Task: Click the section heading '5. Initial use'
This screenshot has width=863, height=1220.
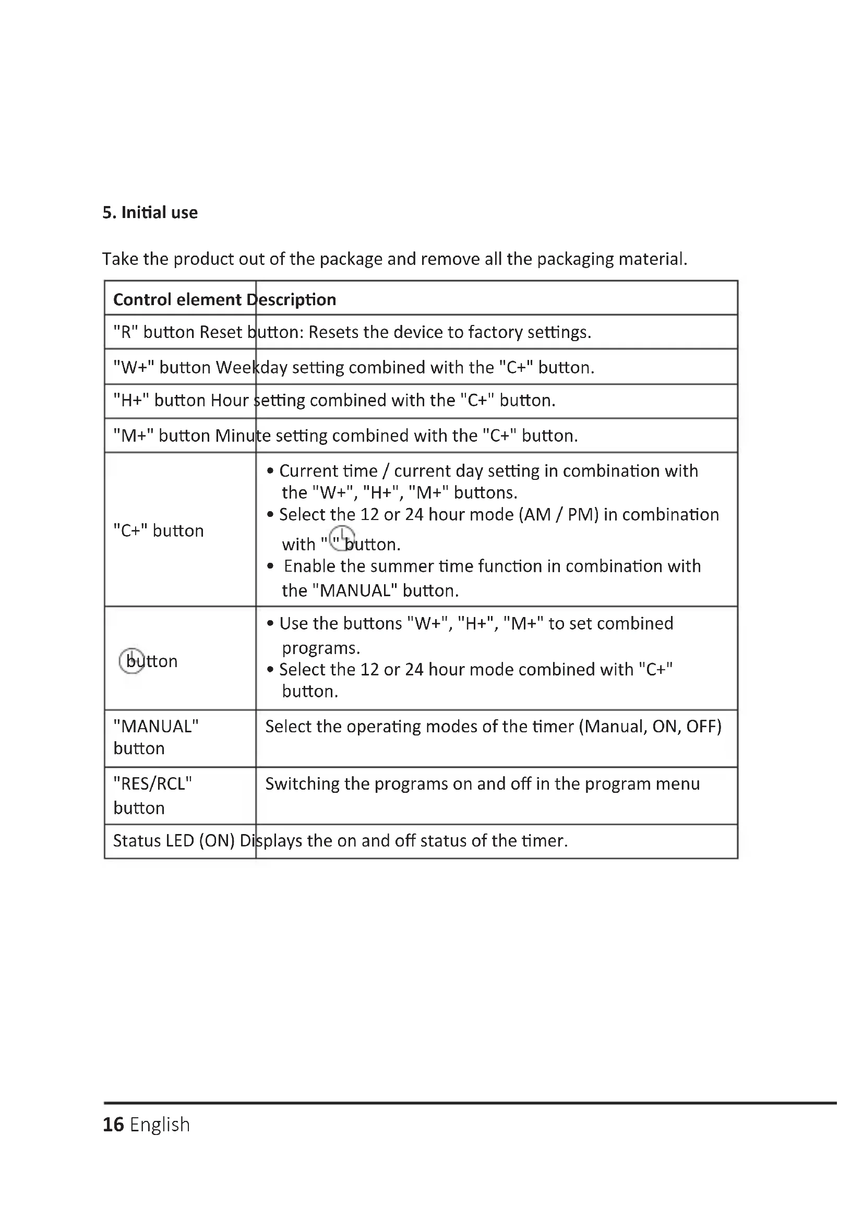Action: point(150,212)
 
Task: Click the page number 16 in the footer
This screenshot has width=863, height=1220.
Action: point(113,1125)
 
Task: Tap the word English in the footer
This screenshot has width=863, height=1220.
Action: point(160,1125)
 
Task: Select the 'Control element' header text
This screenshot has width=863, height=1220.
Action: point(177,300)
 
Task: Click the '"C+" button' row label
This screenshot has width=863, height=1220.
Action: point(159,530)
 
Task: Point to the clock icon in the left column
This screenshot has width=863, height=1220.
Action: point(131,660)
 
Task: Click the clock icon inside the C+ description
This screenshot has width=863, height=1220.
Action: point(342,538)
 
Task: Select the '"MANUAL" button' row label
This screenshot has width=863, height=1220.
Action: point(155,737)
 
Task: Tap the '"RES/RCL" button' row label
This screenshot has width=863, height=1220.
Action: point(152,795)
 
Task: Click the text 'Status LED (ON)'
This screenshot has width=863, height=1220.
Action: point(174,840)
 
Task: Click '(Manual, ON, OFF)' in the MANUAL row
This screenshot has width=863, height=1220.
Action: point(650,726)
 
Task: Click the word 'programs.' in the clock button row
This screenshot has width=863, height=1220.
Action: point(321,648)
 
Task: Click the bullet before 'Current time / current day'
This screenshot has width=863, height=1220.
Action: point(270,472)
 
